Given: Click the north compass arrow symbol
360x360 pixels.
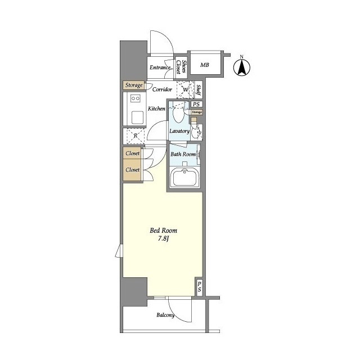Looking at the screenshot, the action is pyautogui.click(x=242, y=67).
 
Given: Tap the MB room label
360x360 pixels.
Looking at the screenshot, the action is pyautogui.click(x=205, y=65).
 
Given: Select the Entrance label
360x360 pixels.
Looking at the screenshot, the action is pyautogui.click(x=160, y=67).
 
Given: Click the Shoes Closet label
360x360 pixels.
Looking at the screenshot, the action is pyautogui.click(x=181, y=67).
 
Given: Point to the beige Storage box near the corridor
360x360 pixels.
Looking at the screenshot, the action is pyautogui.click(x=134, y=85).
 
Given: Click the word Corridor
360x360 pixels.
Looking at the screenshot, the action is pyautogui.click(x=162, y=89).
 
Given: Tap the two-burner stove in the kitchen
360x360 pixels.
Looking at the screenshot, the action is pyautogui.click(x=135, y=98).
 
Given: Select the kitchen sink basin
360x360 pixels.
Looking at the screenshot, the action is pyautogui.click(x=137, y=118).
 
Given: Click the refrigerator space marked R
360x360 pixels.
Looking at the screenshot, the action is pyautogui.click(x=136, y=136).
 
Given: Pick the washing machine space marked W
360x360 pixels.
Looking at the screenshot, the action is pyautogui.click(x=186, y=89).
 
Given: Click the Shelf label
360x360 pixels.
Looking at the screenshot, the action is pyautogui.click(x=199, y=90).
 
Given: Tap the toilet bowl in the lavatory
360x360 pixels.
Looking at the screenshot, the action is pyautogui.click(x=179, y=114).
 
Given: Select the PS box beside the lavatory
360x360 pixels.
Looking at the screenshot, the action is pyautogui.click(x=196, y=104).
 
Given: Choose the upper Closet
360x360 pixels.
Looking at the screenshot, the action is pyautogui.click(x=132, y=153).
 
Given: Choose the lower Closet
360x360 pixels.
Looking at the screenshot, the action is pyautogui.click(x=132, y=170).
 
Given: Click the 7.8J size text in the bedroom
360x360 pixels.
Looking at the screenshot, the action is pyautogui.click(x=163, y=238).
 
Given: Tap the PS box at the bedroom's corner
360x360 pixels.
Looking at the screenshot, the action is pyautogui.click(x=199, y=287).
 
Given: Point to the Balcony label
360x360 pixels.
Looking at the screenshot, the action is pyautogui.click(x=165, y=315).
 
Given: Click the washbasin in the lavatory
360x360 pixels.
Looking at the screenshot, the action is pyautogui.click(x=196, y=133).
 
